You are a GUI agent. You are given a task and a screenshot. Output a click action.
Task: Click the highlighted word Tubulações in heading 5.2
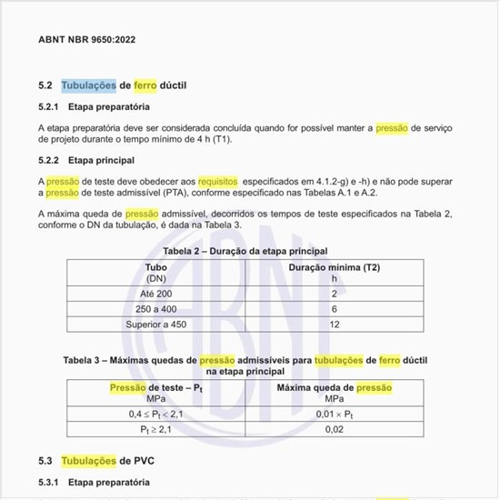[88, 86]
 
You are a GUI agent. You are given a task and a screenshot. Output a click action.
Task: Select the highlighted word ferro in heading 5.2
[145, 86]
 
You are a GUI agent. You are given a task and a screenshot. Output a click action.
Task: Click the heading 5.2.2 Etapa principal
[86, 160]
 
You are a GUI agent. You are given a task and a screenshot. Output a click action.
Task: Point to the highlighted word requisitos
[217, 182]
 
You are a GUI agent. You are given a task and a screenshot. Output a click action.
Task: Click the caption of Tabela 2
[245, 250]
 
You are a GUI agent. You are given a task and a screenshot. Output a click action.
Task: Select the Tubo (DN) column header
[155, 273]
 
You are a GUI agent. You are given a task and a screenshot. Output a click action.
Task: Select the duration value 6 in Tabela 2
[334, 309]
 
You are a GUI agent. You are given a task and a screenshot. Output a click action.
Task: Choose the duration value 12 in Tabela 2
[334, 325]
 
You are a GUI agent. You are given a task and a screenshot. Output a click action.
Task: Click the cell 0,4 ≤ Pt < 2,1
[155, 415]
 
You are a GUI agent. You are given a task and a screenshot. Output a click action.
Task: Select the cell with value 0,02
[334, 430]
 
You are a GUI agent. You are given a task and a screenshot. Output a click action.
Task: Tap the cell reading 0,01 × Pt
[334, 415]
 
